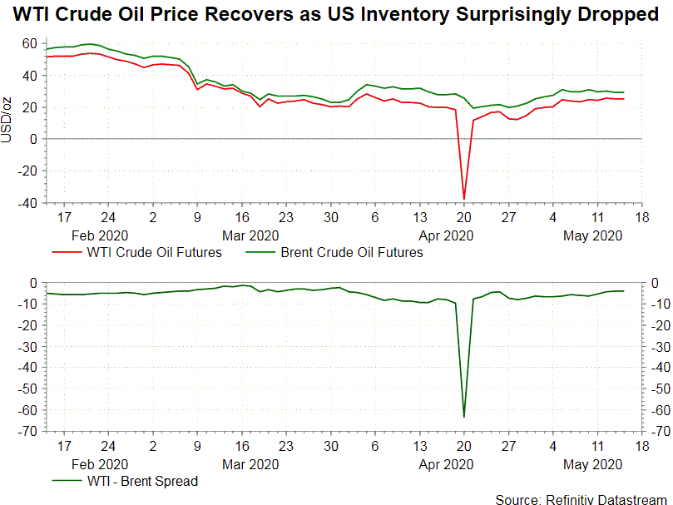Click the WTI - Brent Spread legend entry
click(x=142, y=481)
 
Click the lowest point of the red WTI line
click(x=464, y=199)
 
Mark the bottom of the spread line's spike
click(x=464, y=416)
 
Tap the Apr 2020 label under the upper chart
click(x=447, y=235)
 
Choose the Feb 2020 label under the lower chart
click(x=101, y=463)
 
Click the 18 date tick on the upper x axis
click(x=641, y=219)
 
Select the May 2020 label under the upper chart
click(x=592, y=235)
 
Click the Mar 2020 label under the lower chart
click(x=251, y=463)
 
